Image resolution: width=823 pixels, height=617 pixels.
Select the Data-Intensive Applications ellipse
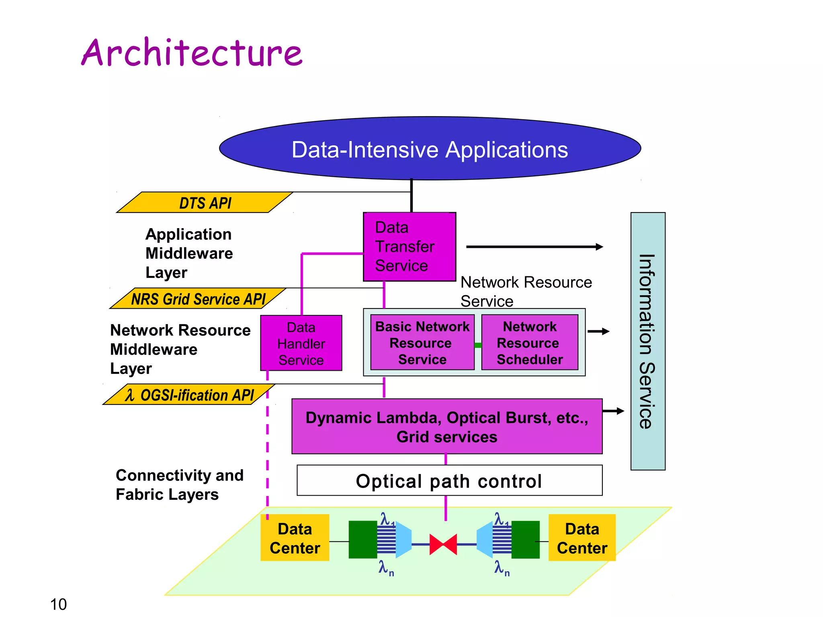[430, 149]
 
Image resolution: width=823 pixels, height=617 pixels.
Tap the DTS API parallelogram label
[205, 203]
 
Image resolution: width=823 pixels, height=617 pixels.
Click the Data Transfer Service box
[409, 247]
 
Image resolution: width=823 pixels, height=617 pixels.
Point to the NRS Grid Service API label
[198, 299]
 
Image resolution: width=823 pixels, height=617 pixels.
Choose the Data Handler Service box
[301, 343]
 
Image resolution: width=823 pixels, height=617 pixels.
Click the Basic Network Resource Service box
[422, 343]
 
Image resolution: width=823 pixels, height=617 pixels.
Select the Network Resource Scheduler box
[529, 343]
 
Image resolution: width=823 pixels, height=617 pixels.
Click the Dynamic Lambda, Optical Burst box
[446, 427]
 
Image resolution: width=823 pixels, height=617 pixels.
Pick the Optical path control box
[449, 481]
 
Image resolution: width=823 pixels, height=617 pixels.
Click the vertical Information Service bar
[647, 341]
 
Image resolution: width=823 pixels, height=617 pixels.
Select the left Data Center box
[295, 538]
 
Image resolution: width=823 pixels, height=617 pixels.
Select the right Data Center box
[581, 538]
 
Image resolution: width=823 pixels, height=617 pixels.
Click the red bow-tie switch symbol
[443, 544]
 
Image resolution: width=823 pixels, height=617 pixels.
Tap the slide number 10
[58, 604]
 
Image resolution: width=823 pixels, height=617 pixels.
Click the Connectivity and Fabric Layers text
[179, 484]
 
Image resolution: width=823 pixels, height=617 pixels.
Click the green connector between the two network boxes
[478, 345]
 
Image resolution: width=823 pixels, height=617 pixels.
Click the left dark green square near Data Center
[362, 539]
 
